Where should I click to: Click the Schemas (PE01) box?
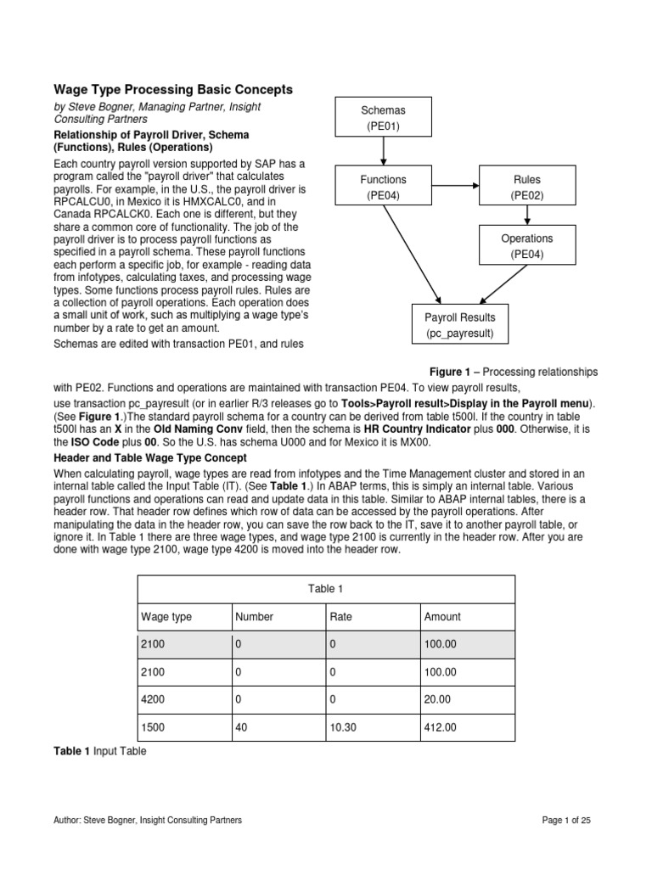click(383, 118)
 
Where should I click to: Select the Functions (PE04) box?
click(383, 188)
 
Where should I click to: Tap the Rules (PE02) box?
click(526, 188)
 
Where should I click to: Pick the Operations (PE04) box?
click(526, 246)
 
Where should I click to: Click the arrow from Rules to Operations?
click(527, 216)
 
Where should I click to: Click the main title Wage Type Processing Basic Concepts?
click(173, 89)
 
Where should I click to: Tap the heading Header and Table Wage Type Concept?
click(150, 457)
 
